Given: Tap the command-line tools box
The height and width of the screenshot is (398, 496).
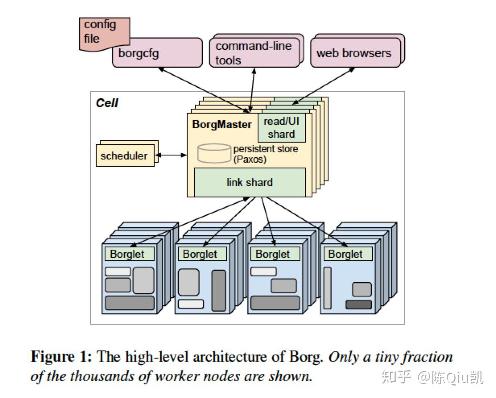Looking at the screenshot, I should coord(254,53).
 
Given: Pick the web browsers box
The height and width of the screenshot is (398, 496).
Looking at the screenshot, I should coord(354,53).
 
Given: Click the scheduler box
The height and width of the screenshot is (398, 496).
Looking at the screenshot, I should coord(124,156).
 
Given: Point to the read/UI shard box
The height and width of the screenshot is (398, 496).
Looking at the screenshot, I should coord(281,128).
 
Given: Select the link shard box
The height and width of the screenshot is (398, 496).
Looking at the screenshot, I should coord(250,182).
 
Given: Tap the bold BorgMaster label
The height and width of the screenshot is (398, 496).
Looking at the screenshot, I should coord(222,124).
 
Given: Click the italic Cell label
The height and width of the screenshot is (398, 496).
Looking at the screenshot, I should coord(107,103).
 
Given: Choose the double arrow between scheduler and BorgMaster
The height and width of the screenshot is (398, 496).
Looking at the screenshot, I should coord(172,155).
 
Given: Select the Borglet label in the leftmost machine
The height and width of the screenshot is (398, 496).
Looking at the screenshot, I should coord(127,254).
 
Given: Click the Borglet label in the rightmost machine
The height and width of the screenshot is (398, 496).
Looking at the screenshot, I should coord(345,254).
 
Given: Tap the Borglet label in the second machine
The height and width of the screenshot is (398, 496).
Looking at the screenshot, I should coord(200,254).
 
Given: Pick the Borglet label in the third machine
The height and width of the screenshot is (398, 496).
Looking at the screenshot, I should coord(273,254).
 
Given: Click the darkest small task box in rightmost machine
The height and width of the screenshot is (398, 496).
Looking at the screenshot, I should coord(358,305).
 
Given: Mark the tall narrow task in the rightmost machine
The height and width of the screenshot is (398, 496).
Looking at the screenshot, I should coord(327,288).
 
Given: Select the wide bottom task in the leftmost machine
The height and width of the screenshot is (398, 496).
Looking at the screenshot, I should coord(130,303).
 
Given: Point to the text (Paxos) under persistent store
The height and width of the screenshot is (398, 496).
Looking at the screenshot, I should coord(250,160).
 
